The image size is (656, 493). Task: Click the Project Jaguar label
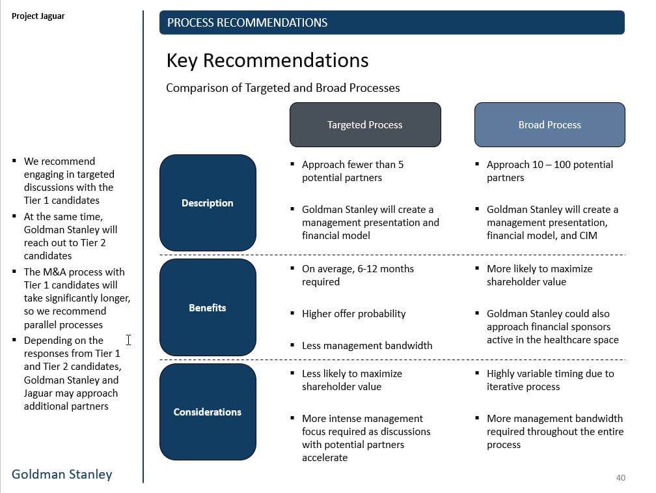click(x=38, y=16)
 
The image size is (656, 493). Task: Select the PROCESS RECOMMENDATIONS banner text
click(x=247, y=23)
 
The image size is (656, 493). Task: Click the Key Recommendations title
click(x=267, y=61)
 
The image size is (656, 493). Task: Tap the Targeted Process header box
click(x=364, y=124)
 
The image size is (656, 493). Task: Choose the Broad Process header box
click(x=549, y=124)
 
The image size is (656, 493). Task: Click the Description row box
click(x=208, y=203)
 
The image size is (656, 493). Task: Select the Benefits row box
click(x=208, y=307)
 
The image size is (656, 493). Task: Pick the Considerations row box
click(x=208, y=412)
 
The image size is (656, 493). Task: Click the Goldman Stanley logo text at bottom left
click(x=62, y=474)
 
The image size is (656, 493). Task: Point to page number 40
click(x=620, y=478)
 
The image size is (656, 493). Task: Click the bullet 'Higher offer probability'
click(x=353, y=314)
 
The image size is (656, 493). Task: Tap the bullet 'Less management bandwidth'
click(x=366, y=346)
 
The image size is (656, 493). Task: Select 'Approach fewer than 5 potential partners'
click(x=352, y=171)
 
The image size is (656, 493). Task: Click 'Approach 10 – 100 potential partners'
click(x=549, y=171)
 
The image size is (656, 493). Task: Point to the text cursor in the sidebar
click(x=129, y=339)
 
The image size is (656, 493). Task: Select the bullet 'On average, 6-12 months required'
click(x=357, y=275)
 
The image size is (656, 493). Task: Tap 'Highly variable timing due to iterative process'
click(x=550, y=380)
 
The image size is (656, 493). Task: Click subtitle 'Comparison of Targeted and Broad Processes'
click(x=282, y=88)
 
